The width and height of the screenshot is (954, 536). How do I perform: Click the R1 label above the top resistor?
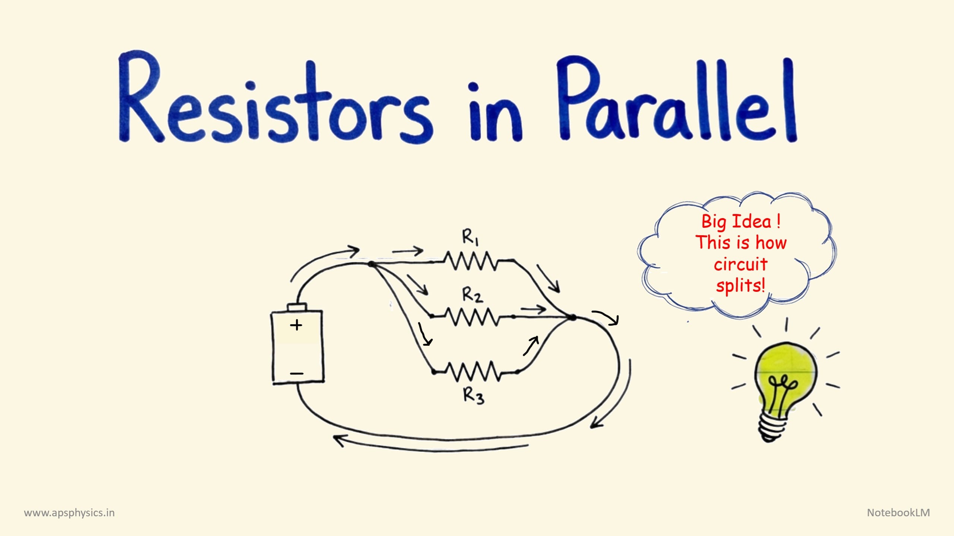pyautogui.click(x=471, y=237)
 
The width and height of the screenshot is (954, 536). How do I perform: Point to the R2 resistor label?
pyautogui.click(x=473, y=295)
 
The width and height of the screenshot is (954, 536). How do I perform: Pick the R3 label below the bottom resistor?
pyautogui.click(x=474, y=395)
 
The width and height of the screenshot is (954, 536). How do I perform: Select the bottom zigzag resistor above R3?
pyautogui.click(x=473, y=371)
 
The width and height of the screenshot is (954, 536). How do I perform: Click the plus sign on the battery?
pyautogui.click(x=296, y=325)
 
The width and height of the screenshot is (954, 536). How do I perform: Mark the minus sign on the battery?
pyautogui.click(x=297, y=373)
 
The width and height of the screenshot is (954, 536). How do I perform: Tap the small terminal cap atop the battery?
pyautogui.click(x=297, y=307)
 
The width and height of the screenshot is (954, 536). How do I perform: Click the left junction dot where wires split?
pyautogui.click(x=371, y=264)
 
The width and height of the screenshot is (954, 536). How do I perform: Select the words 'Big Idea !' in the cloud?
pyautogui.click(x=741, y=221)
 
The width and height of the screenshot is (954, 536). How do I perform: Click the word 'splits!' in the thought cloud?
pyautogui.click(x=740, y=286)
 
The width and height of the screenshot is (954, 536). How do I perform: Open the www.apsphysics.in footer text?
pyautogui.click(x=69, y=513)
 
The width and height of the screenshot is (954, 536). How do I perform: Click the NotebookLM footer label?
pyautogui.click(x=898, y=513)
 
